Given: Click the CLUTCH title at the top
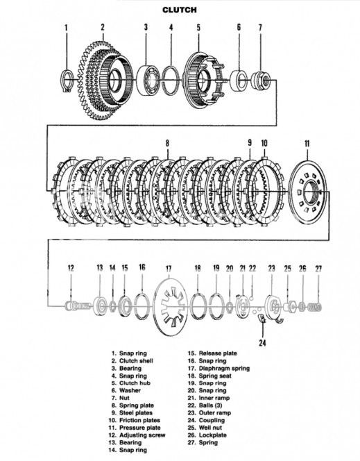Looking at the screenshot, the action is [x=180, y=10].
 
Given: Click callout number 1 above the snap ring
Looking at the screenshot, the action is [x=66, y=28].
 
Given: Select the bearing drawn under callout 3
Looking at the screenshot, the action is [x=148, y=80].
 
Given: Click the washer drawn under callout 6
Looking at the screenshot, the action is [x=239, y=81].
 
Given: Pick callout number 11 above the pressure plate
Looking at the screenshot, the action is [x=307, y=144].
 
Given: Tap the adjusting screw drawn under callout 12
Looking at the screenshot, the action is [x=77, y=307].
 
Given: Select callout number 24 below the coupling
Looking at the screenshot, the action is [x=262, y=343].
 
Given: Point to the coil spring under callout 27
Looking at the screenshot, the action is [x=315, y=308].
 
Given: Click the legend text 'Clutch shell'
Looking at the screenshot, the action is [x=136, y=361].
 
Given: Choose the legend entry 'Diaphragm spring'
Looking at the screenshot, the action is [x=224, y=369].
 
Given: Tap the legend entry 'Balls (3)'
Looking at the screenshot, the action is [x=211, y=405].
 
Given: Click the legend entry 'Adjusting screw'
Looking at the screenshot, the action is [x=142, y=435].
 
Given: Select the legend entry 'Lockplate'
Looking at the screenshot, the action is [x=213, y=435].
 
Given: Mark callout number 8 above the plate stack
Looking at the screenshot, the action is [x=167, y=143].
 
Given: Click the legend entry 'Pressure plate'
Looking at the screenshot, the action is [x=140, y=428].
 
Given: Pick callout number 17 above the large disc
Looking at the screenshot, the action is [x=169, y=269].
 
